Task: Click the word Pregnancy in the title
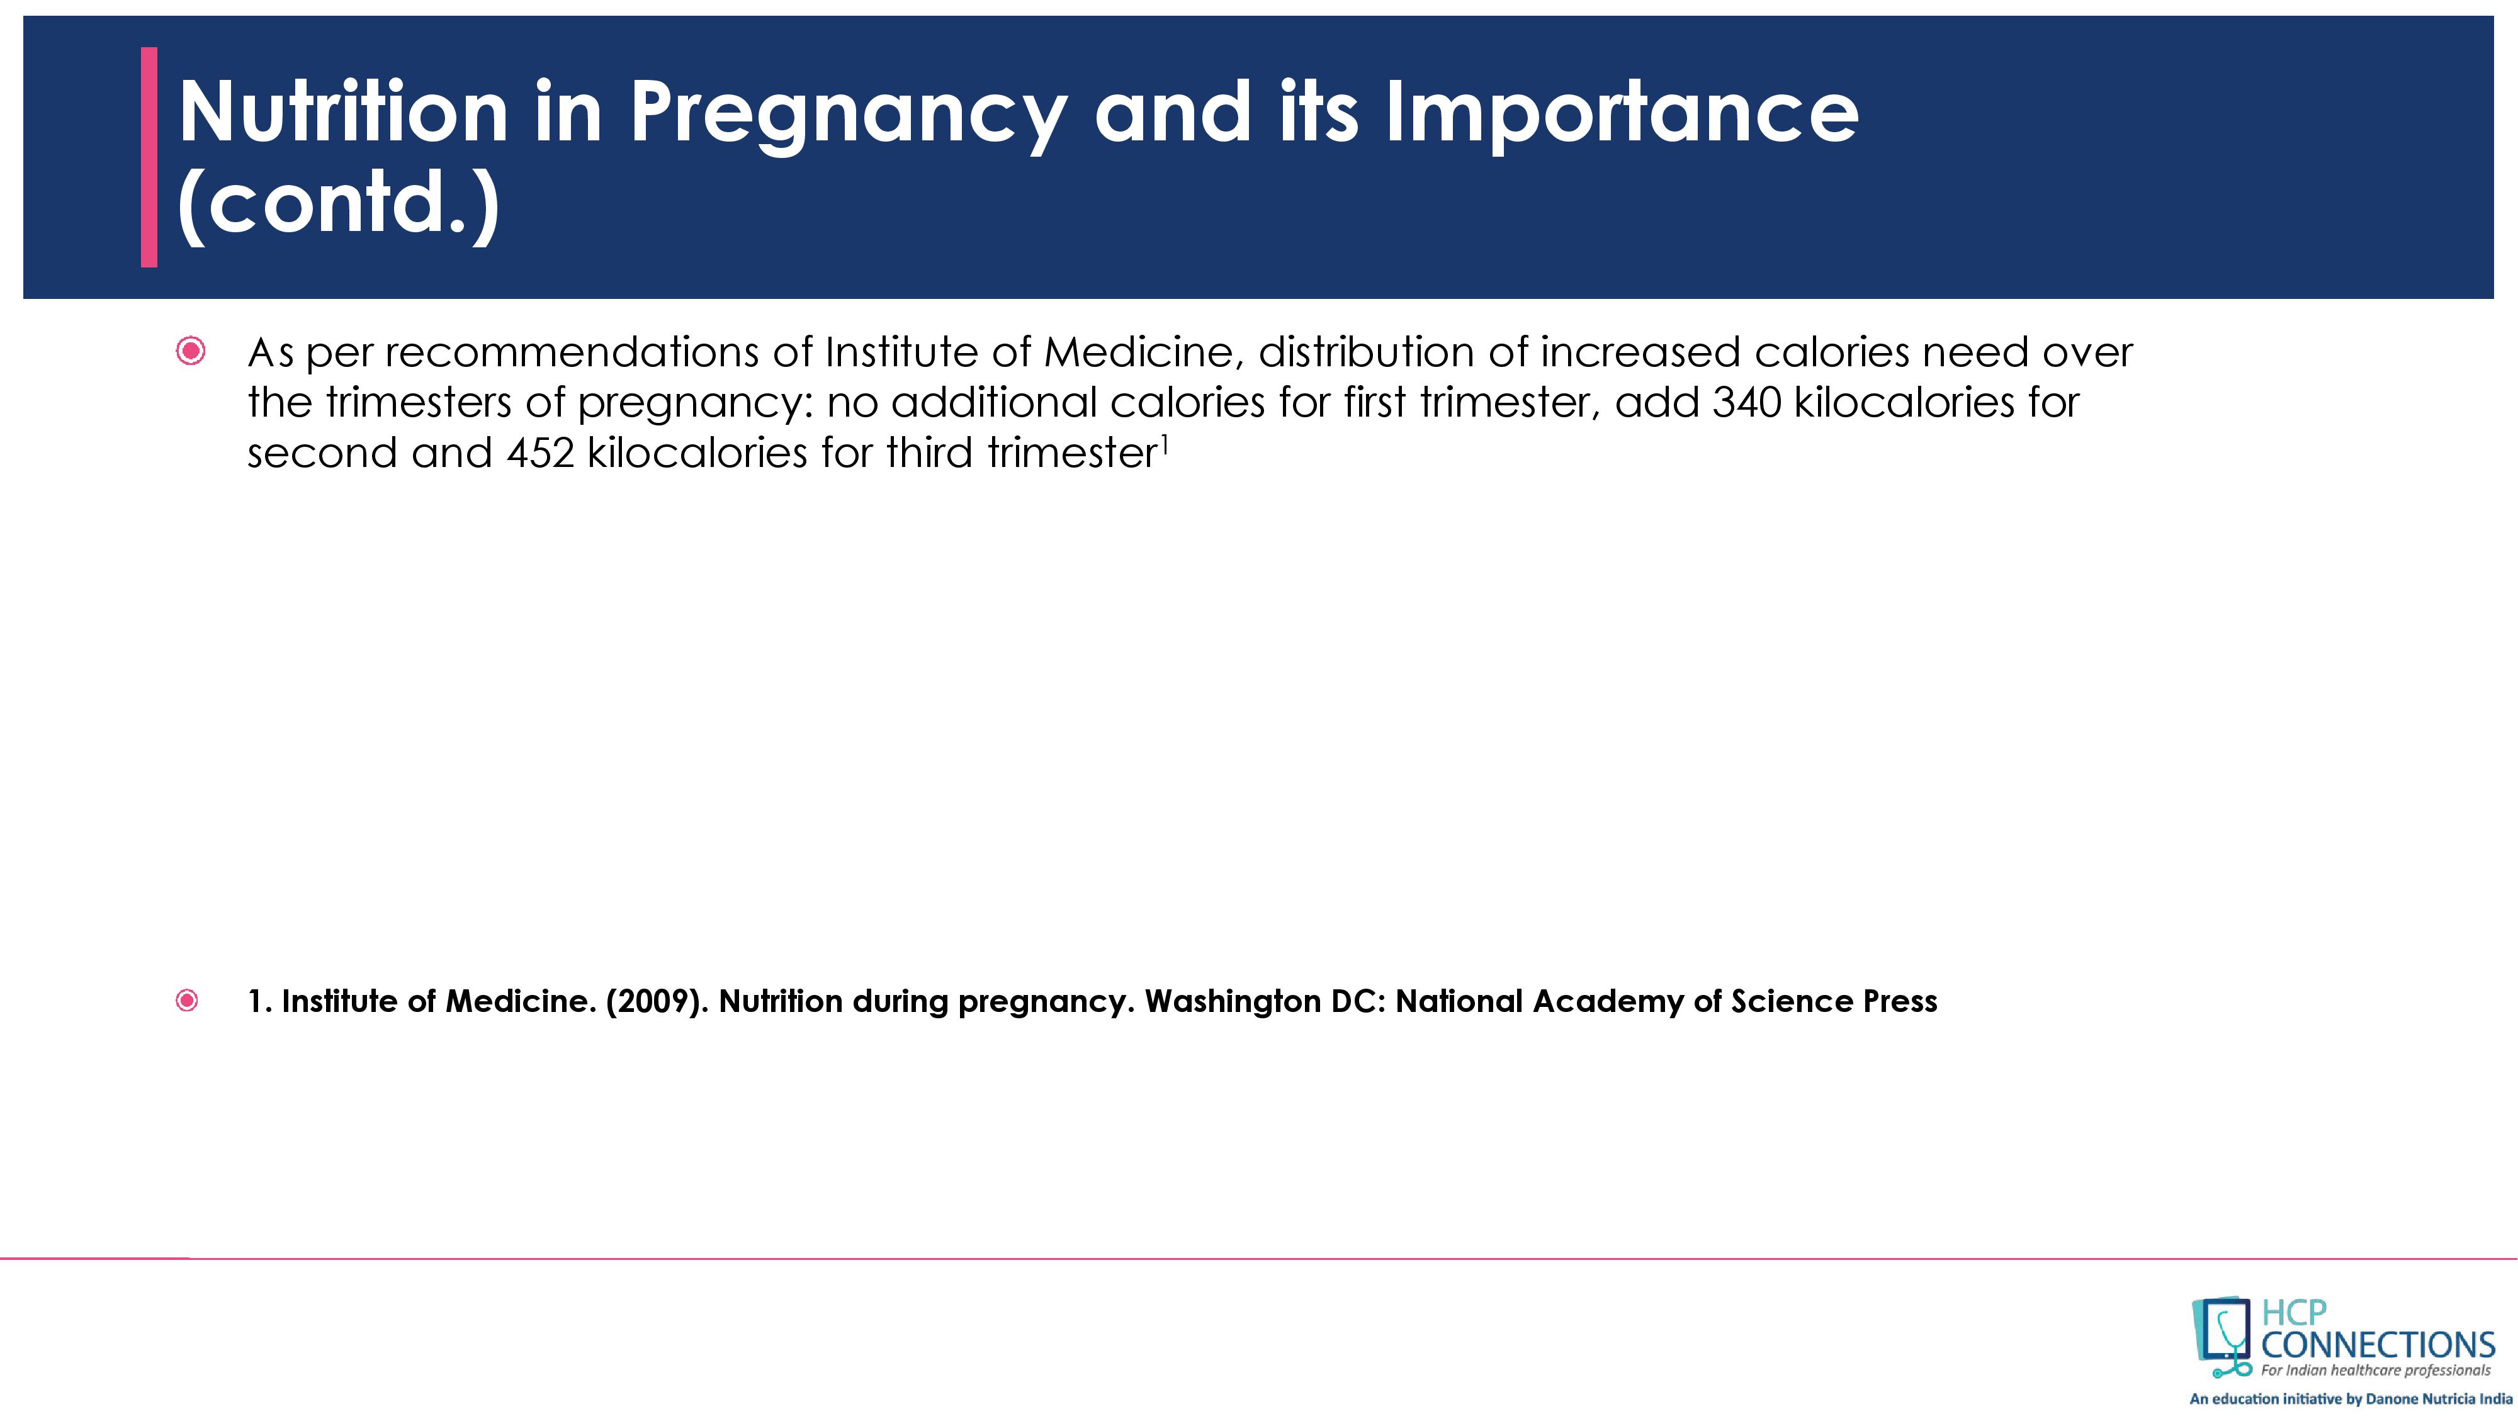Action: coord(847,115)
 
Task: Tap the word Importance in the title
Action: coord(1623,110)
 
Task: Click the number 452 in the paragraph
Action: coord(541,453)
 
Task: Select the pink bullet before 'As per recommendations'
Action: coord(191,351)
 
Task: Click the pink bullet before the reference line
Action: coord(187,1001)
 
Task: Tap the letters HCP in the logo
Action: coord(2294,1312)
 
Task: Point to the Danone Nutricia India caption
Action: coord(2350,1398)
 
